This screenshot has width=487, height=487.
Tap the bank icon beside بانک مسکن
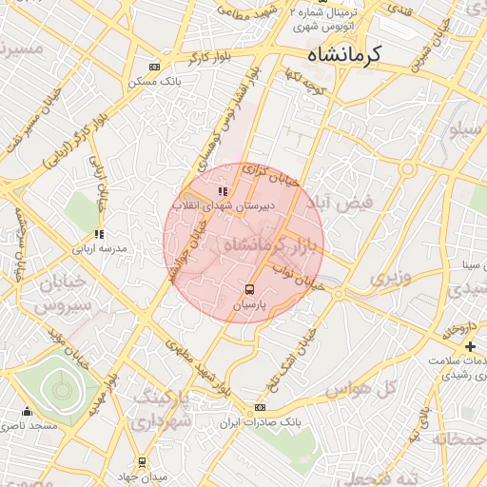(154, 67)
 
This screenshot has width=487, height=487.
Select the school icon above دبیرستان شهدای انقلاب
(224, 192)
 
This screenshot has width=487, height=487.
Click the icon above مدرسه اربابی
(98, 234)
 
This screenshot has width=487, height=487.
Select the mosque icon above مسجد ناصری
(27, 413)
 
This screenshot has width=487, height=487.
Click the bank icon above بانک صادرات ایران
(259, 408)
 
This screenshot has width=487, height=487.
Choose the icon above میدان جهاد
(142, 462)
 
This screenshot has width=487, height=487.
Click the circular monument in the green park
(62, 388)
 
